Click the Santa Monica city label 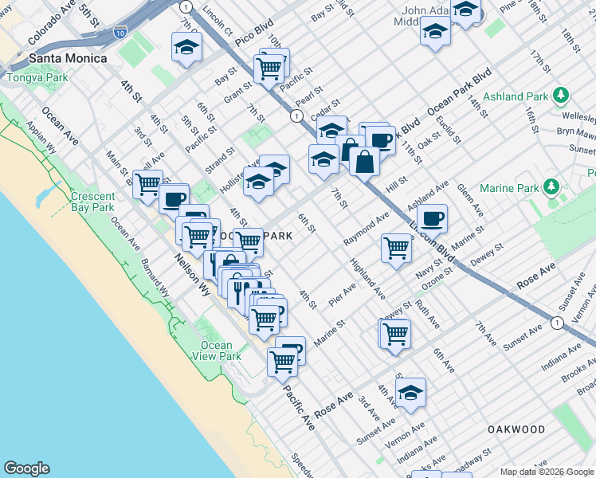[x=67, y=58]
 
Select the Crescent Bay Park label [x=92, y=202]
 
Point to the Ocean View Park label [x=216, y=351]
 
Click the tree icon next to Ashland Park [x=562, y=96]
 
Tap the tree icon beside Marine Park [x=550, y=188]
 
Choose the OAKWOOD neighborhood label [x=516, y=429]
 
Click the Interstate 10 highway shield [x=120, y=32]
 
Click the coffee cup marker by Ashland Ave [x=432, y=217]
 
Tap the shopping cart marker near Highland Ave [x=396, y=247]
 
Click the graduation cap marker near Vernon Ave [x=410, y=392]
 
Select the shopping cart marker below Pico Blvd [x=269, y=68]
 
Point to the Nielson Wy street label [x=192, y=272]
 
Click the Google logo [x=26, y=468]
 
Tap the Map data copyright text [x=546, y=472]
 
